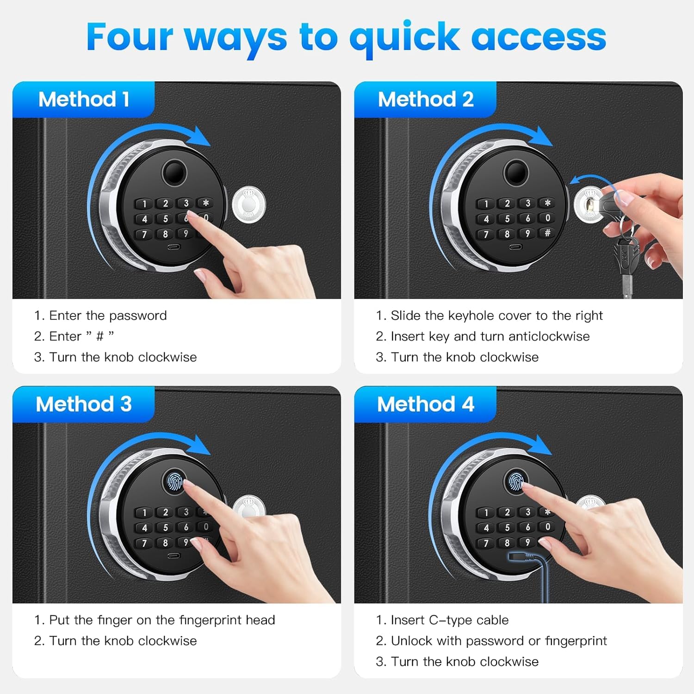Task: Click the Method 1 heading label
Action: (x=84, y=99)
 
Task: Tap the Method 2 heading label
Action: (x=426, y=99)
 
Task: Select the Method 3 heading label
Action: (x=84, y=404)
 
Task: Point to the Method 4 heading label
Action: (x=426, y=404)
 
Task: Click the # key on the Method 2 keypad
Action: (x=547, y=233)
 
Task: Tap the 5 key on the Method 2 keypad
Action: (x=507, y=218)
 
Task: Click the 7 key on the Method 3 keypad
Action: (x=144, y=543)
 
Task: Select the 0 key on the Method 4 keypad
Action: (x=547, y=527)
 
